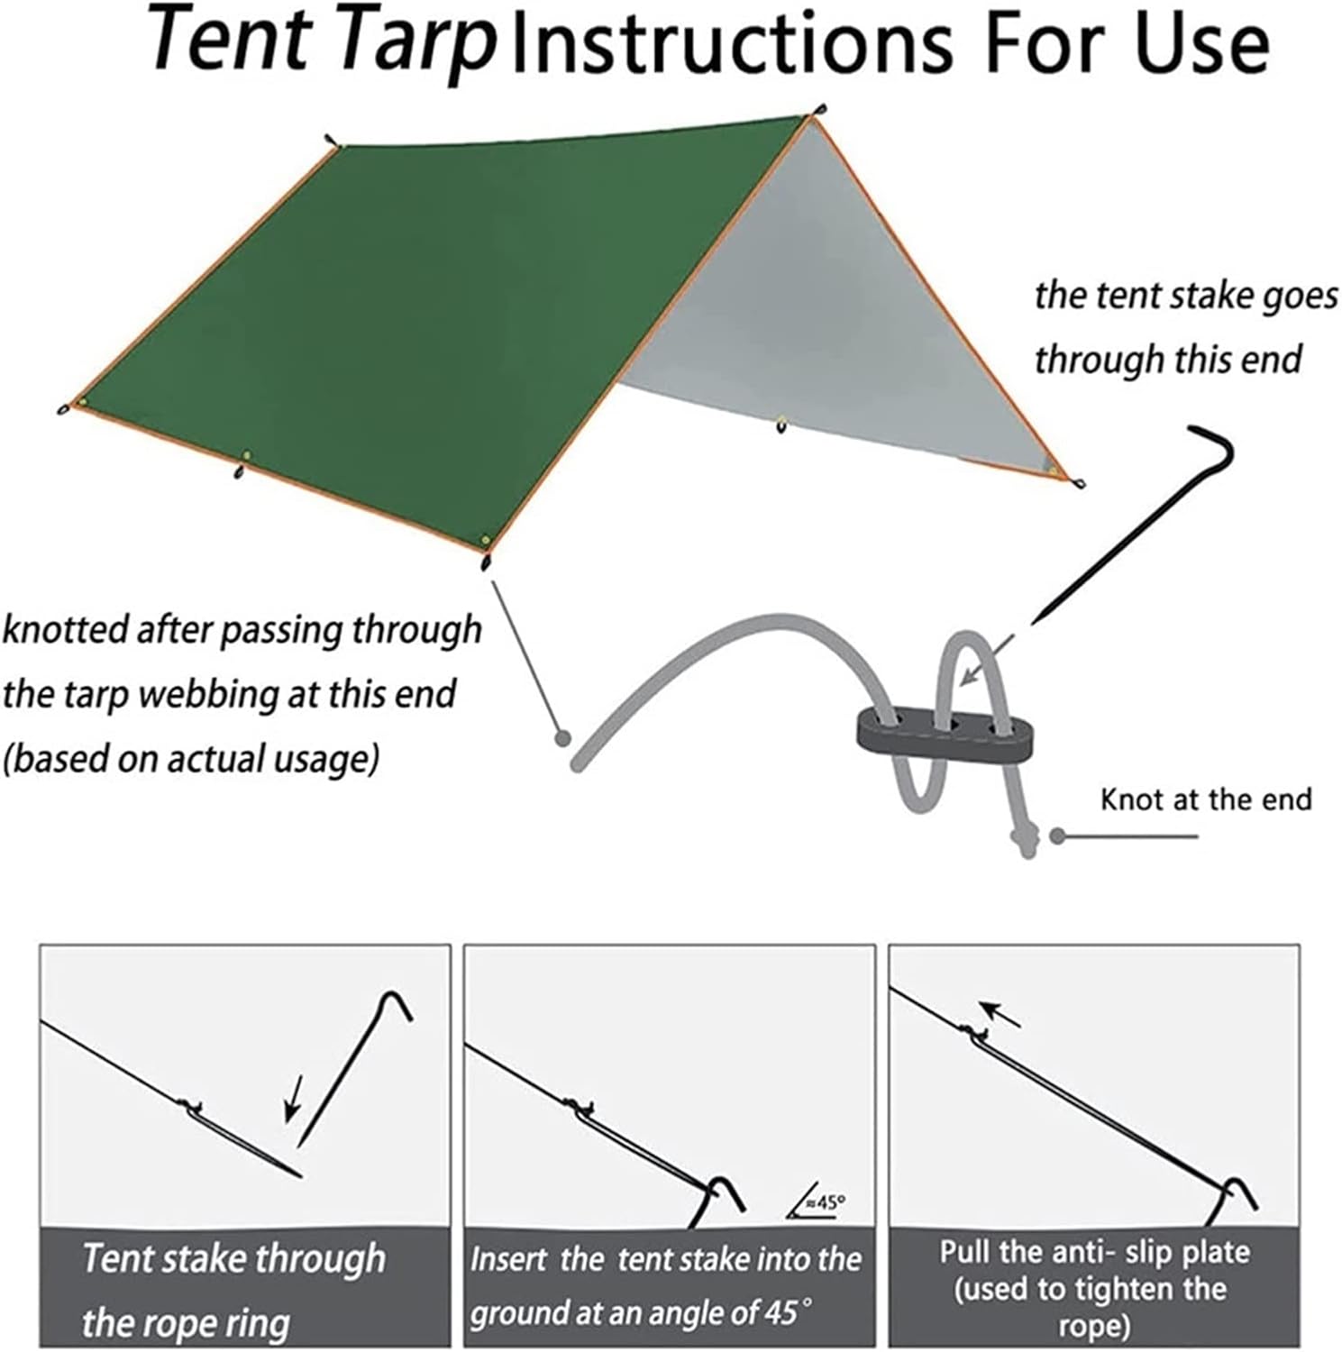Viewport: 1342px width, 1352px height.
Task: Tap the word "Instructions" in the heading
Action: click(x=731, y=42)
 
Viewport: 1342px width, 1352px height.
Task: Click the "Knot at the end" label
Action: click(x=1206, y=799)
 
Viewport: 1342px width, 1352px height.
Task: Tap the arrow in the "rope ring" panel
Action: click(x=292, y=1098)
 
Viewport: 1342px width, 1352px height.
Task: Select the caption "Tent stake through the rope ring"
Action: click(x=233, y=1289)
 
